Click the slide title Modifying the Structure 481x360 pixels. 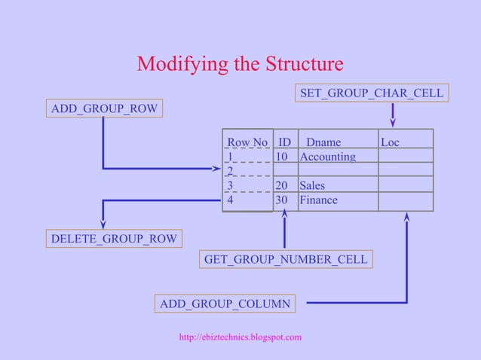point(240,64)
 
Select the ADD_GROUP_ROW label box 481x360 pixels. point(104,109)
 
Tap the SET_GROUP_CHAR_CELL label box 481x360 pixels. point(372,93)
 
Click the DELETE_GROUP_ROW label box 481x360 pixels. point(114,239)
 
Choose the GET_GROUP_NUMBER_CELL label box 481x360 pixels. point(286,260)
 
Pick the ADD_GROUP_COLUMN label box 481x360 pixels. point(225,304)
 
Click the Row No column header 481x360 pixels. point(247,142)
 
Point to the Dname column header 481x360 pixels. point(323,142)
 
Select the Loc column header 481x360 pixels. point(390,142)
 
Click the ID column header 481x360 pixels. point(284,142)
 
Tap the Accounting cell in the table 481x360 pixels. point(327,157)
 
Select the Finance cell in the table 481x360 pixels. point(318,200)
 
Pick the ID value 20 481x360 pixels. point(281,186)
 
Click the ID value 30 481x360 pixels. point(281,200)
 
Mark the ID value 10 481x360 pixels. point(281,157)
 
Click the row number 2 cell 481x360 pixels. point(231,171)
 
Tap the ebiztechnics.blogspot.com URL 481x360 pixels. point(240,337)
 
